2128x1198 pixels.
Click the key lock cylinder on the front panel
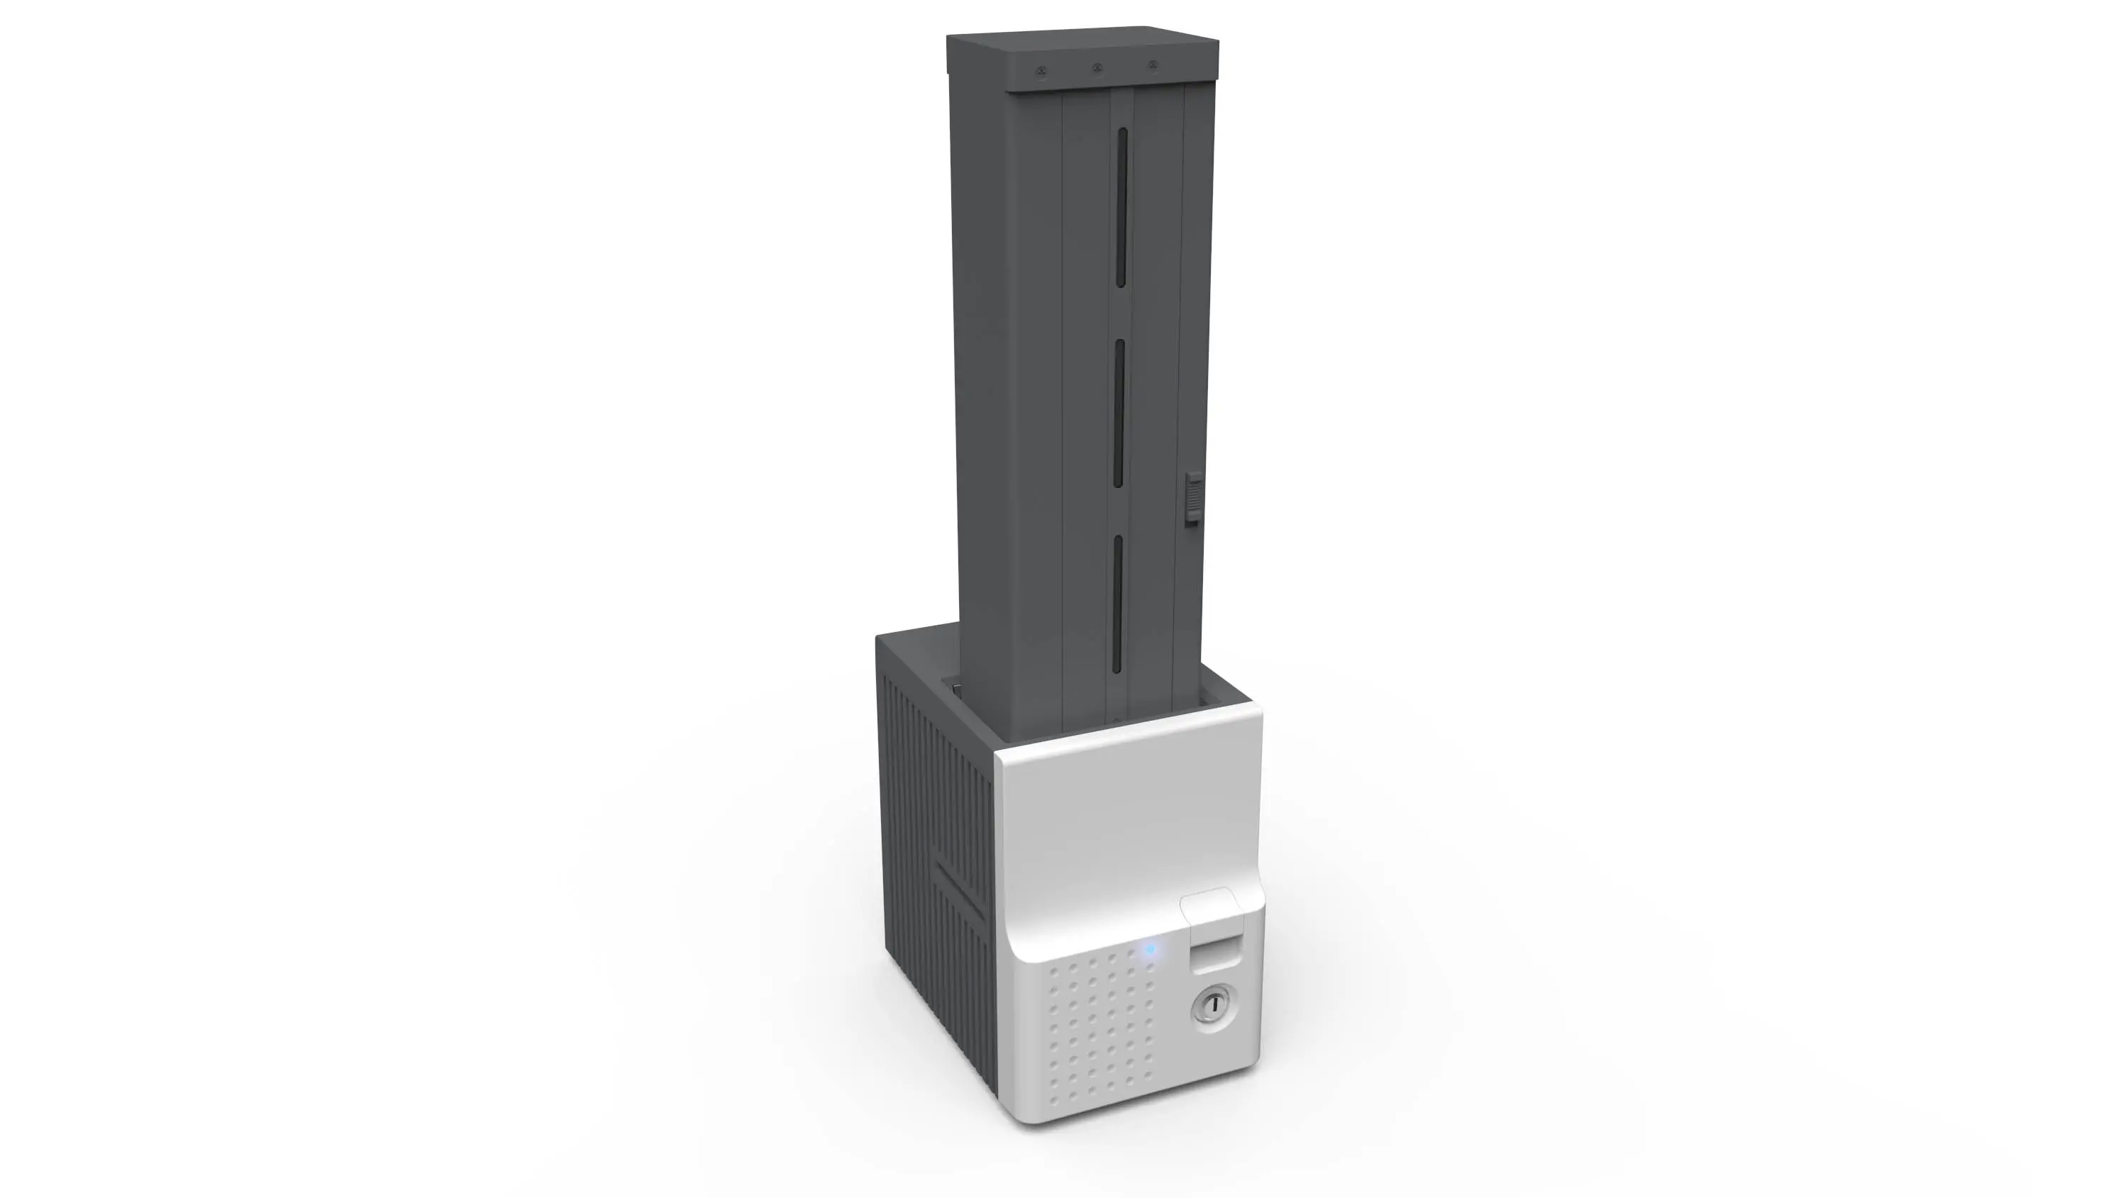tap(1212, 1006)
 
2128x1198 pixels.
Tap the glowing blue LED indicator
tap(1149, 950)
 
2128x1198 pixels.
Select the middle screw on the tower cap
tap(1097, 68)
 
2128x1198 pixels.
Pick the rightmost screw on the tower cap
tap(1153, 65)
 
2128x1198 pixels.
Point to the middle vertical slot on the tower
tap(1119, 413)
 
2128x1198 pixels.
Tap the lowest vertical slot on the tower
tap(1117, 603)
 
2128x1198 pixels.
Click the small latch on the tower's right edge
tap(1193, 498)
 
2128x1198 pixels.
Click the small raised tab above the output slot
tap(1209, 904)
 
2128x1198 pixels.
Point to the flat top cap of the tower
tap(1082, 50)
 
